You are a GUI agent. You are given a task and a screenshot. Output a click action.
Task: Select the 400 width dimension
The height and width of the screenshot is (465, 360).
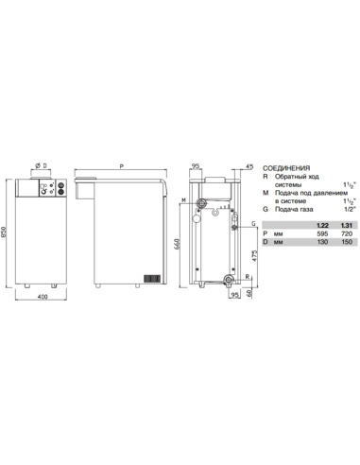pos(43,300)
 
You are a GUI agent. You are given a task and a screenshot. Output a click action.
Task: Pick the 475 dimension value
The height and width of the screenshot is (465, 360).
pos(256,255)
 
